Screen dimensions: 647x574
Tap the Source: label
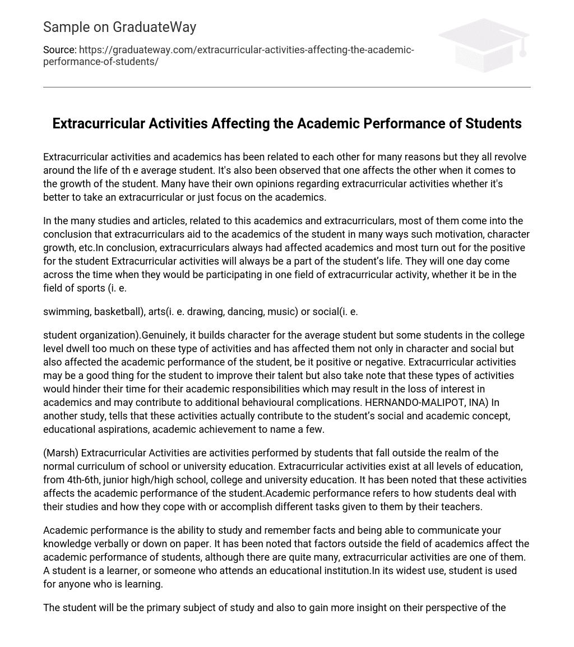(59, 50)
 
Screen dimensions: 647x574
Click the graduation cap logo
(484, 45)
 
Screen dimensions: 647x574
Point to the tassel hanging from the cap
(522, 48)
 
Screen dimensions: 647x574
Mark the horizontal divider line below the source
(287, 87)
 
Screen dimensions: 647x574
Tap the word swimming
(66, 312)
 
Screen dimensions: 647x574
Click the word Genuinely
(166, 335)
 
